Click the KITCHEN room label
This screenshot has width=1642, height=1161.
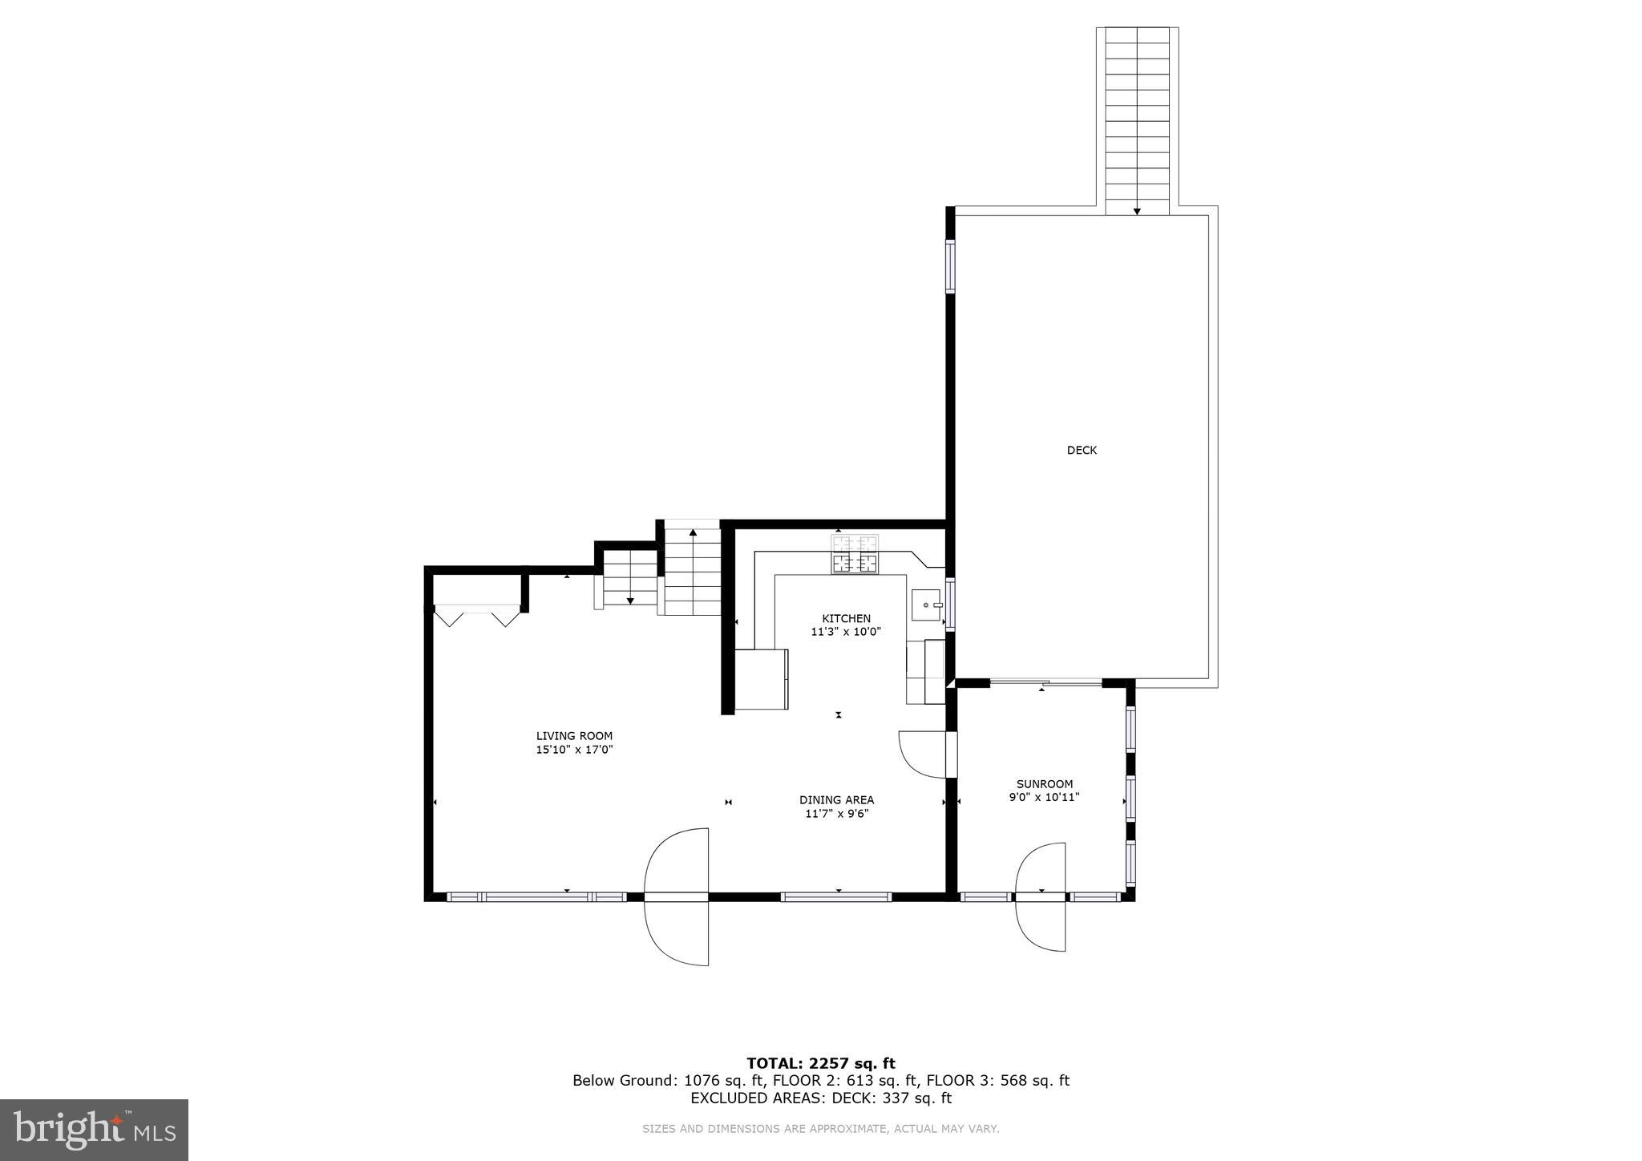point(846,618)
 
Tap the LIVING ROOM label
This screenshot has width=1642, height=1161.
point(574,735)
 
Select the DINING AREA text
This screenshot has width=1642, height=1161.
point(836,799)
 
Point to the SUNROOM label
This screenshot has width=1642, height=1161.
point(1044,784)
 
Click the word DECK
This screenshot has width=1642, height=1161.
point(1081,451)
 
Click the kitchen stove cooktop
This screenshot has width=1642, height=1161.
point(855,555)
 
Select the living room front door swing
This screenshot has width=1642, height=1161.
point(676,896)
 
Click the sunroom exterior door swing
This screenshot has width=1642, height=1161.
point(1041,896)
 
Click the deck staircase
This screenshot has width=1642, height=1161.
point(1137,120)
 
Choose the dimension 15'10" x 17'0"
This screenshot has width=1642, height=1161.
point(574,750)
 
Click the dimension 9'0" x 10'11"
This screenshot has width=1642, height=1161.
point(1044,797)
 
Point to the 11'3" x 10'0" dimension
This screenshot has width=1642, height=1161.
point(846,632)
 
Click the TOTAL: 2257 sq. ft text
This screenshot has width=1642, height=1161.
point(820,1063)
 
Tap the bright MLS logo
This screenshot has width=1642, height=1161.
point(94,1130)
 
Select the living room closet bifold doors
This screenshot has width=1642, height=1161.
point(477,616)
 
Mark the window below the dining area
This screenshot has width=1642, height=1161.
point(836,896)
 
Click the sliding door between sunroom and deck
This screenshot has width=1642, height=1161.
point(1045,682)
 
